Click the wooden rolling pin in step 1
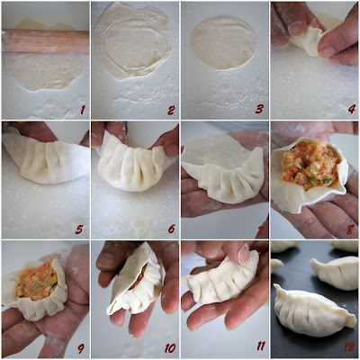coord(45,40)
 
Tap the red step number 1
coord(83,110)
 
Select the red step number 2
coord(171,110)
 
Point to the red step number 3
coord(260,109)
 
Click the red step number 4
coord(352,109)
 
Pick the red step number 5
coord(79,229)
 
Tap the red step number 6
coord(171,229)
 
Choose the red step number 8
coord(350,229)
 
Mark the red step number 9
coord(81,348)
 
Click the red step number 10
coord(170,348)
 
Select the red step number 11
coord(261,346)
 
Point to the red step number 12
coord(349,347)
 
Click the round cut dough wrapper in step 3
coord(224,43)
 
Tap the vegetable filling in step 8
coord(309,166)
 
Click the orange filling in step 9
coord(37,282)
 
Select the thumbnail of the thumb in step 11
coord(243,254)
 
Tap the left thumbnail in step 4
coord(296,29)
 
